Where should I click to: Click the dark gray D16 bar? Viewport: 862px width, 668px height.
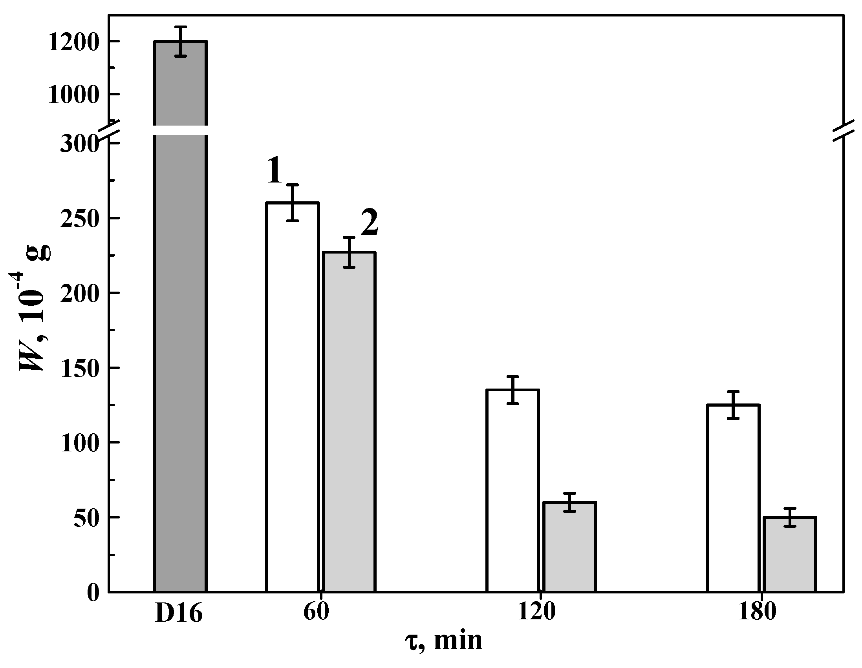pyautogui.click(x=180, y=355)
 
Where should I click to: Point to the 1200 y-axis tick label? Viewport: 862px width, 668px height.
pyautogui.click(x=73, y=43)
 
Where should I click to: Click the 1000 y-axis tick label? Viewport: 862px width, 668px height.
pyautogui.click(x=73, y=95)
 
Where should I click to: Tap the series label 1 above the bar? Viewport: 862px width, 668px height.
pyautogui.click(x=275, y=170)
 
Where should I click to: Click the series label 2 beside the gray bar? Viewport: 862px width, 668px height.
pyautogui.click(x=370, y=223)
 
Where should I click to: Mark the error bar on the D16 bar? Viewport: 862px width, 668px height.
pyautogui.click(x=181, y=42)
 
